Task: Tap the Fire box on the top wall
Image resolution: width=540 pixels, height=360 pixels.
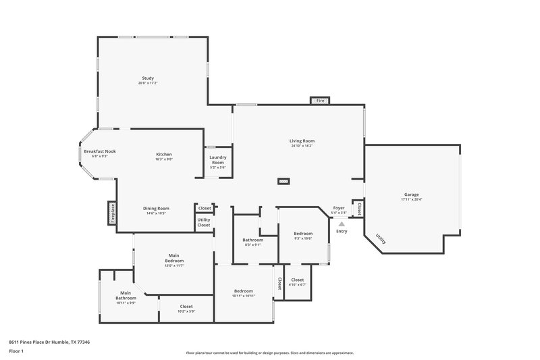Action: (320, 101)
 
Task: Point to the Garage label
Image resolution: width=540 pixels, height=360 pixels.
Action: (410, 196)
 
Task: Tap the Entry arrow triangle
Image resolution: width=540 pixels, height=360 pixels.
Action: (342, 224)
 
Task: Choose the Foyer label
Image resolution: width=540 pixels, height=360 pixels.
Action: (339, 209)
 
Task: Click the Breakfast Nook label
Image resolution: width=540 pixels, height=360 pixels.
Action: (100, 152)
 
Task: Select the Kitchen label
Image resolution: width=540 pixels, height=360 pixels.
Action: (164, 155)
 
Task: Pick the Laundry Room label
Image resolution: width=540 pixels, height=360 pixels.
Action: (218, 160)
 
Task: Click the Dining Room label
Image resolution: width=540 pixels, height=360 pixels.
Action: (155, 209)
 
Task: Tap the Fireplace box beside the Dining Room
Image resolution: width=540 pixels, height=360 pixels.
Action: (112, 212)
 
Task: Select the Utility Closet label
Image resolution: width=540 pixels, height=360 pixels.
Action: (204, 222)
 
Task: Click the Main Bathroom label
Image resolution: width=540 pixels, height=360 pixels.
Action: (126, 294)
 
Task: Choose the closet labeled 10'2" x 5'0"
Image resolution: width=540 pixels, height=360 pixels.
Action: (186, 311)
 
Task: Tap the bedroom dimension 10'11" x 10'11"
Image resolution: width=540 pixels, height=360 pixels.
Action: (243, 296)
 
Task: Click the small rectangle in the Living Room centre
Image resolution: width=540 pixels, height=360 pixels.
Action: (284, 181)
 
